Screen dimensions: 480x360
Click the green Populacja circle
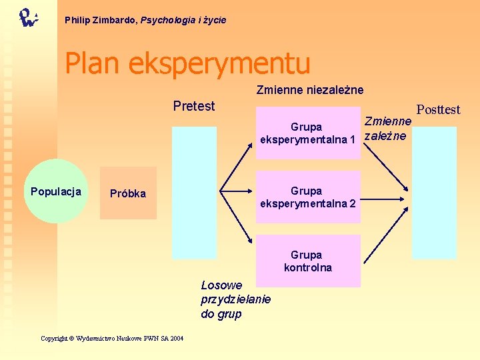[56, 192]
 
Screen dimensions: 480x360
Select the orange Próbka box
[128, 193]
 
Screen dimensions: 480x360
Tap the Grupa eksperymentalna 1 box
[307, 133]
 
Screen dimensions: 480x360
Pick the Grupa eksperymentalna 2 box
[307, 197]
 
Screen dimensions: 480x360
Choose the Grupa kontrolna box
[307, 261]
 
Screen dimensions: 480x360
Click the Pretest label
[194, 106]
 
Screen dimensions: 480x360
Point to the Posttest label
[438, 109]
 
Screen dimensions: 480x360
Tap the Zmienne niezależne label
[310, 89]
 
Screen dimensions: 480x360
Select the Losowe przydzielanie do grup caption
[235, 299]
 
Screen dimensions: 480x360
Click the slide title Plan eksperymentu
[187, 63]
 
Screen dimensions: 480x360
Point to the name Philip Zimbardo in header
[101, 21]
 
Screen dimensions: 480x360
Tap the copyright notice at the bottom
[112, 339]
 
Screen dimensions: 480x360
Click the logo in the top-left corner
[28, 17]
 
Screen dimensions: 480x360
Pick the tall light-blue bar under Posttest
[433, 192]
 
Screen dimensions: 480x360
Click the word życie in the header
[214, 21]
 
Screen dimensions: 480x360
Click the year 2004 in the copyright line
[176, 339]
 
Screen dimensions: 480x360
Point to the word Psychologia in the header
[169, 21]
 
